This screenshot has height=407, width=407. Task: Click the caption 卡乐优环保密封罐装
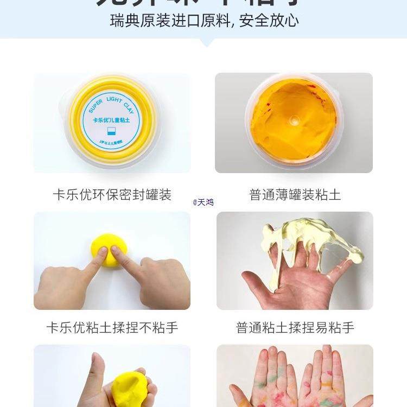coord(112,195)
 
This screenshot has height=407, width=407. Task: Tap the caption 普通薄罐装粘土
coord(295,195)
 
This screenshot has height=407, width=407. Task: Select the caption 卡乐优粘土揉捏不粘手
coord(112,328)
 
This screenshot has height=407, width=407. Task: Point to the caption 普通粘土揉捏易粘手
coord(295,328)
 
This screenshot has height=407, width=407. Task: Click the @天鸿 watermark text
coord(203,202)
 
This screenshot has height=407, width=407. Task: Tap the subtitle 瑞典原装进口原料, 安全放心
coord(203,21)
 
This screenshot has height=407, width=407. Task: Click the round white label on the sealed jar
coord(112,123)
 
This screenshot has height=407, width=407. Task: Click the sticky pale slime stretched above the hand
coord(309,239)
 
